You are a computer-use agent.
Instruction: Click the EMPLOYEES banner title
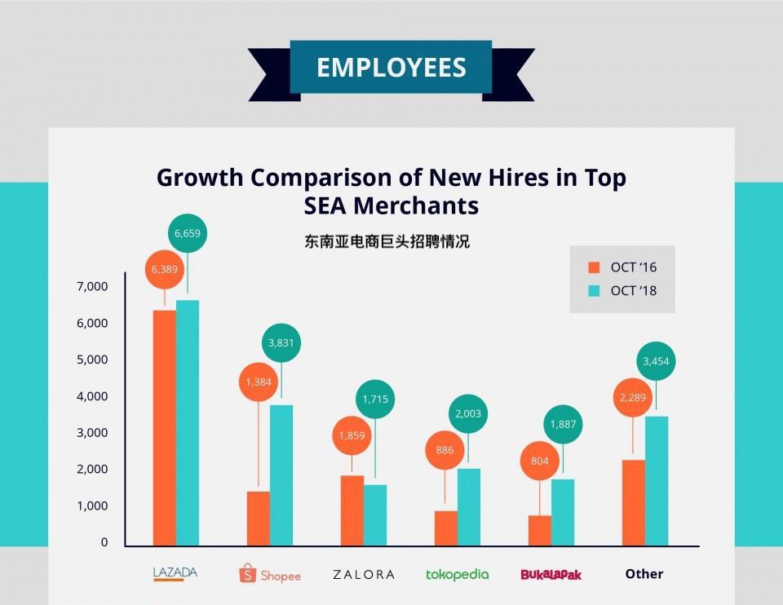[391, 67]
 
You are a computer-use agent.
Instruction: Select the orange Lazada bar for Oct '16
[164, 428]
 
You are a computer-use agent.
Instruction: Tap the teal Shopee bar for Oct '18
[281, 475]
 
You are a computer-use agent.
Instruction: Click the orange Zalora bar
[352, 510]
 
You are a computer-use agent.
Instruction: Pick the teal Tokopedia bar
[469, 507]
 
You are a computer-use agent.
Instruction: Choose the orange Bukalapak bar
[539, 531]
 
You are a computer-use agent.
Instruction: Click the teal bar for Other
[657, 481]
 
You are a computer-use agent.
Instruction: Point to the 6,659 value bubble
[187, 234]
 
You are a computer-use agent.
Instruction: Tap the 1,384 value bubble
[259, 382]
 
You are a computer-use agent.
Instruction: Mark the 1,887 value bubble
[563, 424]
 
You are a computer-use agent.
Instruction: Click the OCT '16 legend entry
[623, 267]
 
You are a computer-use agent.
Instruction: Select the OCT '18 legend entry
[623, 291]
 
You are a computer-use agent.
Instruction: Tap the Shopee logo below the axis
[270, 574]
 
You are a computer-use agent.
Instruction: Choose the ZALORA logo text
[364, 574]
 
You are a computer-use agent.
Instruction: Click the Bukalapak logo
[551, 574]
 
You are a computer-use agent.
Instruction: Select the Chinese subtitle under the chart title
[387, 242]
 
